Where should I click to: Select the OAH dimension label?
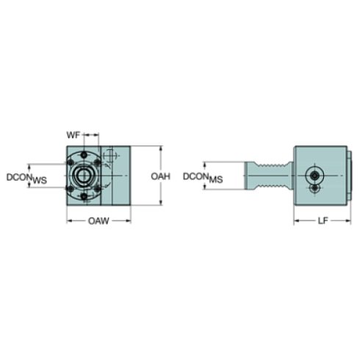click(x=161, y=177)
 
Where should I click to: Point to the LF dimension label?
click(x=321, y=220)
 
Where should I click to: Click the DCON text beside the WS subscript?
click(x=15, y=177)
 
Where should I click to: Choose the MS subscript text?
click(x=216, y=180)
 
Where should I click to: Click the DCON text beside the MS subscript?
click(x=194, y=177)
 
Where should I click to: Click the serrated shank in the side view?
click(x=267, y=177)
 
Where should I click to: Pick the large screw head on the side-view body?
click(x=315, y=177)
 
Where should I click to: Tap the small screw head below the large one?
click(x=315, y=190)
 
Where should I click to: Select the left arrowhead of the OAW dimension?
click(x=68, y=220)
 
